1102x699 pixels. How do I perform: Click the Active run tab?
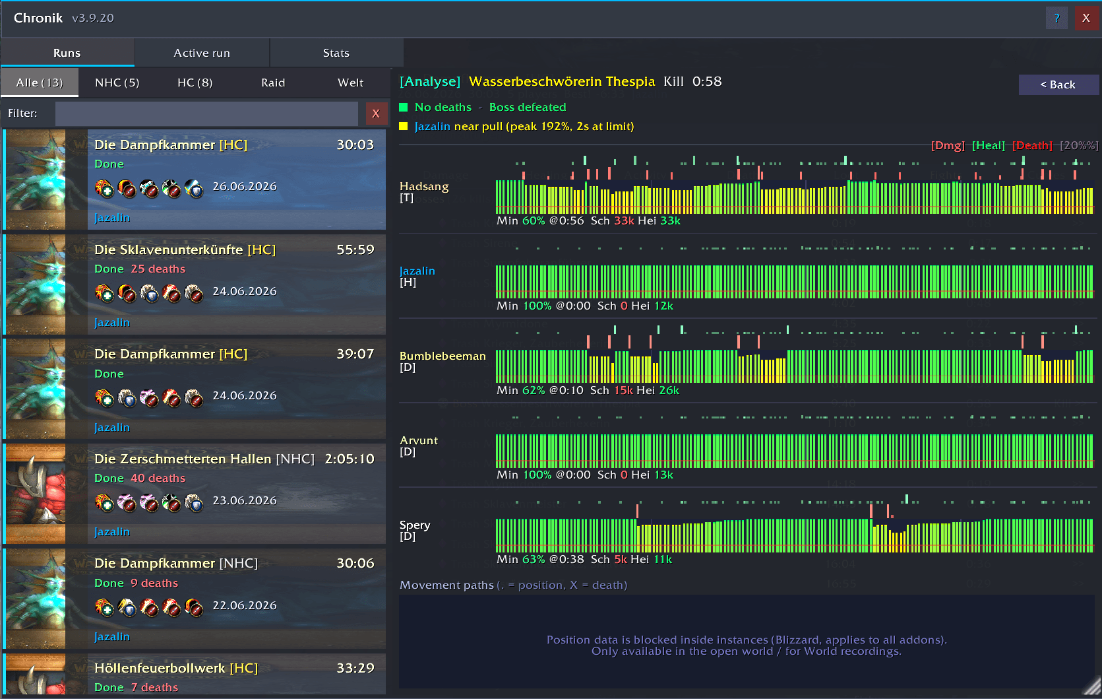click(x=202, y=53)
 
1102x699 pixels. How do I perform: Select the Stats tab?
click(x=336, y=53)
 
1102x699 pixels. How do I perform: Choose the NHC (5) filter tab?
click(x=117, y=83)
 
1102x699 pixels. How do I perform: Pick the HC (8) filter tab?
click(x=195, y=83)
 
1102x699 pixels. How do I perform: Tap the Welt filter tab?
click(x=350, y=83)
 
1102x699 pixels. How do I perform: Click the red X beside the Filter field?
click(x=376, y=114)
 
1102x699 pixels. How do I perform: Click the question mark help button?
click(x=1056, y=18)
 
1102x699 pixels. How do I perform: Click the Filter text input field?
click(x=206, y=114)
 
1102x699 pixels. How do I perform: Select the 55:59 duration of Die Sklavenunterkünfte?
click(x=355, y=250)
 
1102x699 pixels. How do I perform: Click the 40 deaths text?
click(x=158, y=478)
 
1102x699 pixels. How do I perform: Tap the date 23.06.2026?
click(x=245, y=500)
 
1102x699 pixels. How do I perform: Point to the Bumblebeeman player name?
click(x=443, y=356)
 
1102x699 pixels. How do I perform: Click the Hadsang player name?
click(x=424, y=187)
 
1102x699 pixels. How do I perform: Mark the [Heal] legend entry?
click(x=988, y=146)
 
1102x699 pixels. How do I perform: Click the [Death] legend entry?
click(x=1031, y=146)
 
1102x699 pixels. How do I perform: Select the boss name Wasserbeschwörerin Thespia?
click(x=562, y=82)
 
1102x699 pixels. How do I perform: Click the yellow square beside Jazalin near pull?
click(x=404, y=127)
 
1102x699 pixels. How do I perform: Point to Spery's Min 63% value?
click(x=534, y=560)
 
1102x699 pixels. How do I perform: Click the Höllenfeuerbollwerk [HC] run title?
click(x=176, y=668)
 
